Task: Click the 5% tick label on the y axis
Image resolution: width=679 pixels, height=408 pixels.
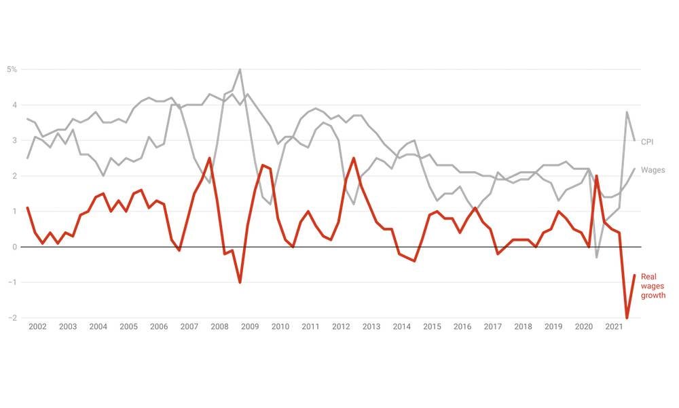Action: [x=12, y=69]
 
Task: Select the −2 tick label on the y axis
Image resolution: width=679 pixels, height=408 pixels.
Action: [x=13, y=318]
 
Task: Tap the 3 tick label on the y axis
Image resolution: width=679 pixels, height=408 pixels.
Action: [x=15, y=141]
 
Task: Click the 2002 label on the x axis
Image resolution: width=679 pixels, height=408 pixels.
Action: [x=37, y=327]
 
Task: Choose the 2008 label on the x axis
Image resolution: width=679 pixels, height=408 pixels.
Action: [x=219, y=327]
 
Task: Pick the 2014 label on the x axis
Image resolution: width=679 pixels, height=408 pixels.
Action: [x=401, y=327]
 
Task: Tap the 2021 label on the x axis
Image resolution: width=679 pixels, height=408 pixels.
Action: [x=614, y=327]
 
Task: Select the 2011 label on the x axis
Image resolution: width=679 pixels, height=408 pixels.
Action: [x=310, y=327]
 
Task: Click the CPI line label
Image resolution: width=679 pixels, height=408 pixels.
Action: [x=648, y=141]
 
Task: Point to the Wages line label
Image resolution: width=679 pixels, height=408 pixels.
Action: [x=653, y=170]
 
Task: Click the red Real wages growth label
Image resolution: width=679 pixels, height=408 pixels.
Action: [x=653, y=286]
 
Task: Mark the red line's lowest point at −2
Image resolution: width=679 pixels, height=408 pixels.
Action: [x=627, y=318]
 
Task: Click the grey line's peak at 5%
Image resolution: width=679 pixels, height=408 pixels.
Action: [x=240, y=69]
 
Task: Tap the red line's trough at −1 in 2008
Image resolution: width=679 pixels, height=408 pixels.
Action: [x=240, y=282]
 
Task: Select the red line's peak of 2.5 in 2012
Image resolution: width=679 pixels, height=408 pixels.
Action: [x=354, y=158]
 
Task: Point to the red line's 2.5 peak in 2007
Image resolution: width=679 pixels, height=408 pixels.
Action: [x=209, y=158]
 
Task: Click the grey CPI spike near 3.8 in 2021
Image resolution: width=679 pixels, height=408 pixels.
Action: [x=627, y=112]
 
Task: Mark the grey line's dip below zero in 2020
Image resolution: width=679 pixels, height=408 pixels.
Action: [x=597, y=257]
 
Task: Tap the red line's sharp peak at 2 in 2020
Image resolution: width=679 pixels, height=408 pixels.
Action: [x=597, y=176]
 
